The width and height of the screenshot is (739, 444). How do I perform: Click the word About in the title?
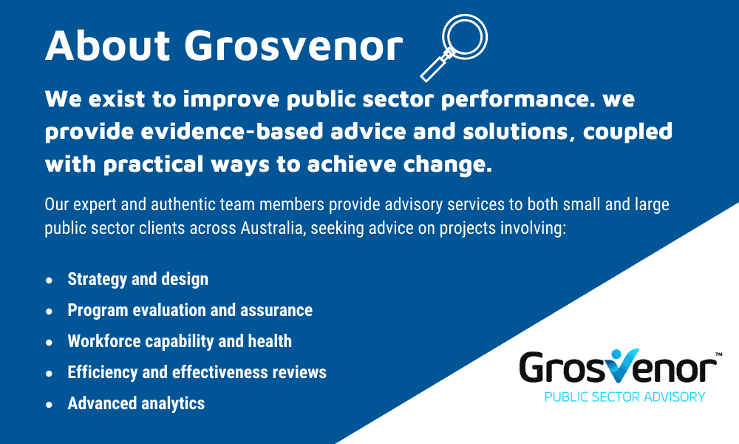(x=107, y=45)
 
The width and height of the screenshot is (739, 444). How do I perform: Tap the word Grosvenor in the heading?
(x=293, y=45)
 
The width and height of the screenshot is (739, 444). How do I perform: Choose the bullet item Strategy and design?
(x=137, y=279)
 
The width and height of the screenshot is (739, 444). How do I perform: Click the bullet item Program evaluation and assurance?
(x=190, y=311)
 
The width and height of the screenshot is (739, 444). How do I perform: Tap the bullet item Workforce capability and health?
(x=180, y=342)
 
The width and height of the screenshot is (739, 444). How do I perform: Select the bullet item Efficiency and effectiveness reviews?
(x=197, y=372)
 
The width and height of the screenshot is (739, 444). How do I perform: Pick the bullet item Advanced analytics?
(x=136, y=404)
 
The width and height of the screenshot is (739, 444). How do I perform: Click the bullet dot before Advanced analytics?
(x=50, y=405)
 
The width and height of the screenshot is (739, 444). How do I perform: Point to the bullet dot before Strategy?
(x=50, y=280)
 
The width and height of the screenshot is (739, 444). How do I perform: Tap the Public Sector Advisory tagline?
(x=624, y=397)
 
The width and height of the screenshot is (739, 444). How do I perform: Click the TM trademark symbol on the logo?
(x=718, y=354)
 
